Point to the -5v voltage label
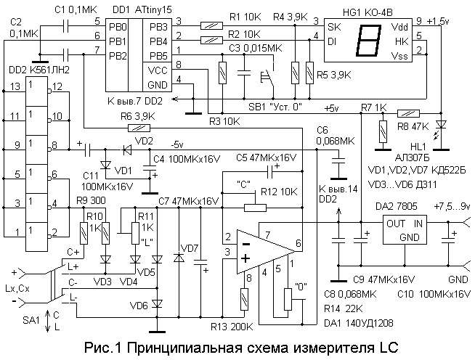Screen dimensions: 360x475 point(179,143)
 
